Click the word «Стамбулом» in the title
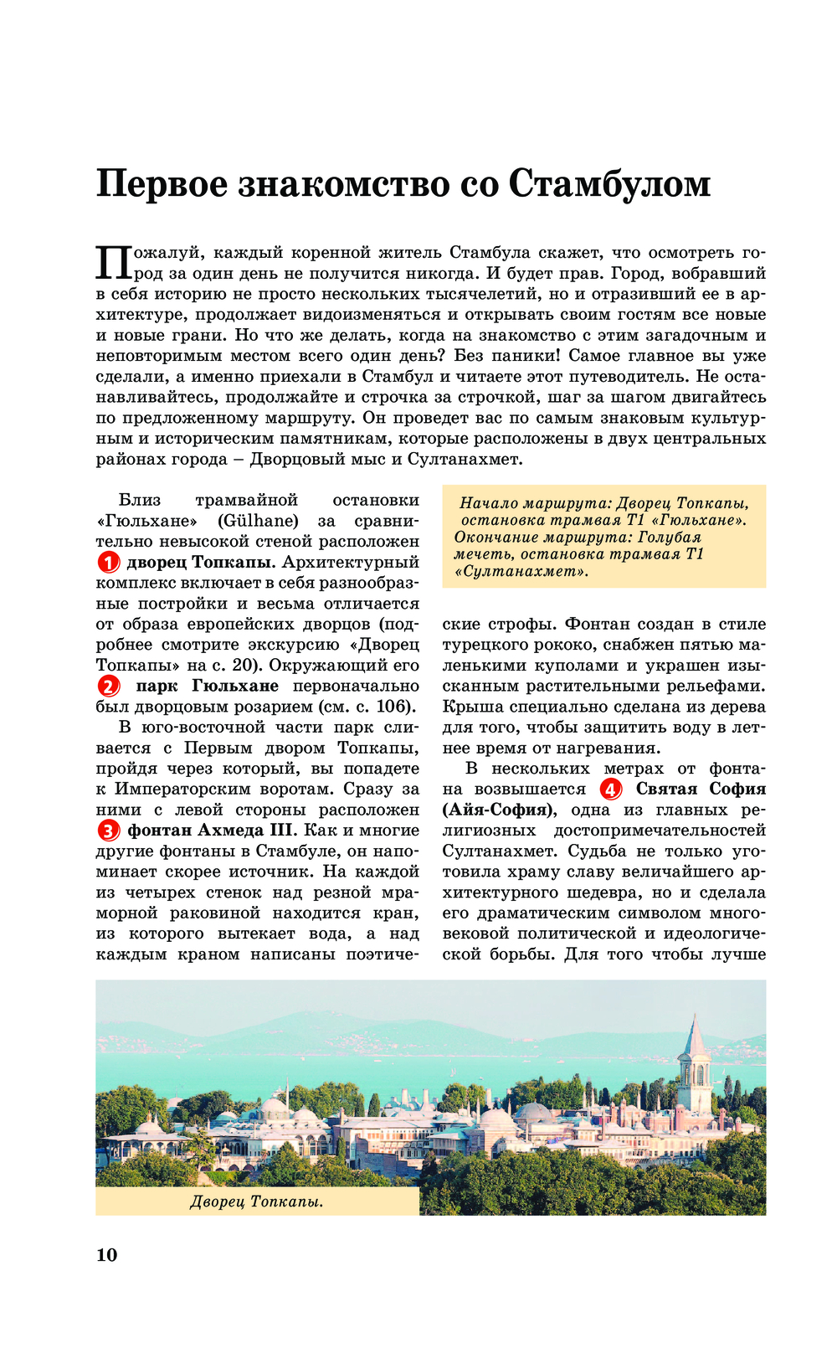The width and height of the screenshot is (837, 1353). pos(609,184)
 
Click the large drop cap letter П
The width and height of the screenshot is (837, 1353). pos(114,263)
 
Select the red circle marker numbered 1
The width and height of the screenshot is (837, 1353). pos(109,563)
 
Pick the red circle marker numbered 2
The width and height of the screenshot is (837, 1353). pos(109,687)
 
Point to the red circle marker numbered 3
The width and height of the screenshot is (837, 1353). pos(109,831)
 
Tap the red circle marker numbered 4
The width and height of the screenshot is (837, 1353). pos(612,790)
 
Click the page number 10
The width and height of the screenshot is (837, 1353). pos(107,1254)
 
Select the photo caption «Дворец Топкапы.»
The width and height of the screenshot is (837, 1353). pos(257,1202)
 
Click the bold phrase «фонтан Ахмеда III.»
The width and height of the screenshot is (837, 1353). pos(212,831)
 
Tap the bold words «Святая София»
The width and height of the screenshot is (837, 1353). pos(701,790)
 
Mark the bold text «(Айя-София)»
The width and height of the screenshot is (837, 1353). pos(499,810)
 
